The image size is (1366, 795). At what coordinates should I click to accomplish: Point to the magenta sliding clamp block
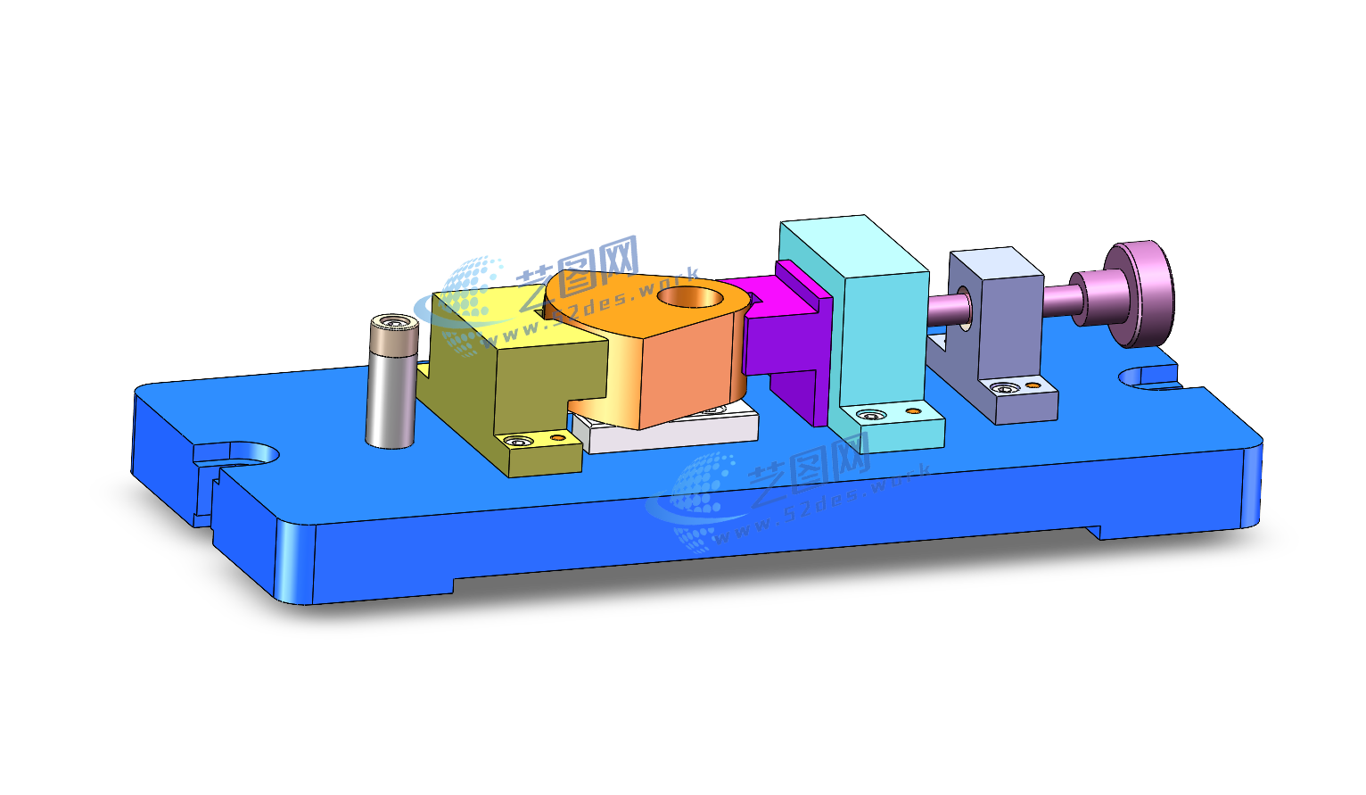785,339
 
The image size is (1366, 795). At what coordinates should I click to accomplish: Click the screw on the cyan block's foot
870,415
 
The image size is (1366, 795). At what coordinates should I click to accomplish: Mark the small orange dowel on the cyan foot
913,411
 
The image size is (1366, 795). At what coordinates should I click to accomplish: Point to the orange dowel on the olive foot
557,437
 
